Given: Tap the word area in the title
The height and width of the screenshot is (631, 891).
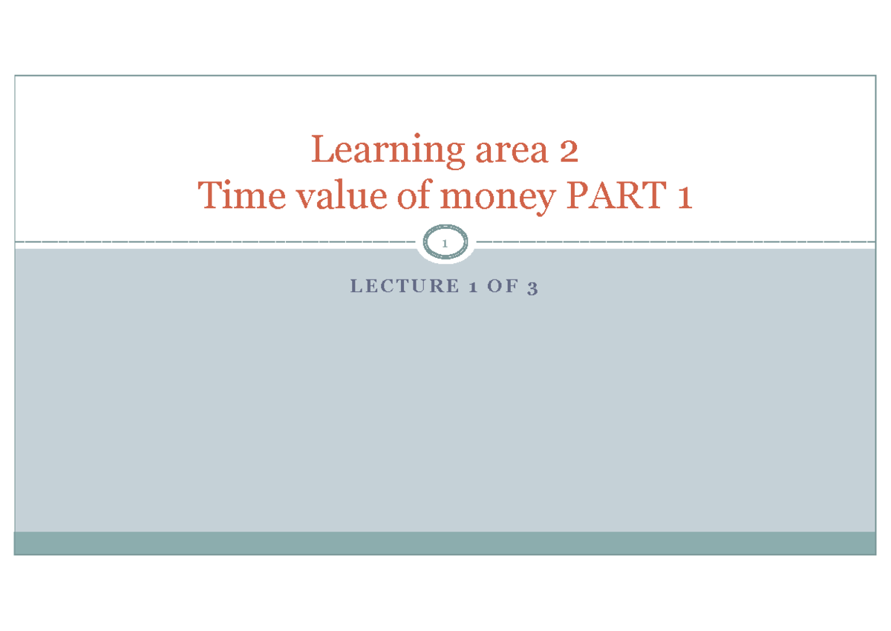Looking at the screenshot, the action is click(512, 152).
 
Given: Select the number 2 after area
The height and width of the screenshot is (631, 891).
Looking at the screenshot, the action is click(569, 151).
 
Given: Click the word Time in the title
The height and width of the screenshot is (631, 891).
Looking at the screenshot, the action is click(242, 195).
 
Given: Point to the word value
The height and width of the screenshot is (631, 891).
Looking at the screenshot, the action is click(342, 195).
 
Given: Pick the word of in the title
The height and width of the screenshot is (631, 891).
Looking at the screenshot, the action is click(415, 194).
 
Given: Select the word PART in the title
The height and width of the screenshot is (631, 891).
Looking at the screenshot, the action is click(616, 195).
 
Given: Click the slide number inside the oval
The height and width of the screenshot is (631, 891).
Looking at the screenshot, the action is click(445, 243).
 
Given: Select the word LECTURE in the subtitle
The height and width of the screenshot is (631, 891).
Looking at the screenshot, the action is click(405, 286).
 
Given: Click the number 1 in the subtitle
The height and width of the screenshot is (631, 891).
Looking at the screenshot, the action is click(473, 287).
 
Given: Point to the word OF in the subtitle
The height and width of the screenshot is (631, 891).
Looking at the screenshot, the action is click(503, 286).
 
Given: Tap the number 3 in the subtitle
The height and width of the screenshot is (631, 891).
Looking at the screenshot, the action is click(532, 288).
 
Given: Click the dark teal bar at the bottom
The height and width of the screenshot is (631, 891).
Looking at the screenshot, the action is click(445, 543).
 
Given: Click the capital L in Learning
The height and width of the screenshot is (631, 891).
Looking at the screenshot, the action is click(322, 149).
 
